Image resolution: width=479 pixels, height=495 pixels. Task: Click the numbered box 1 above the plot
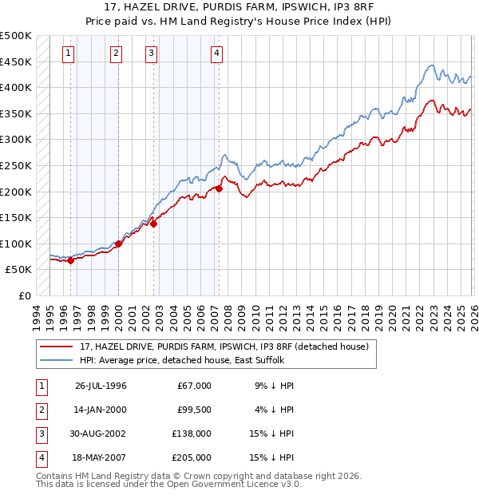tap(69, 53)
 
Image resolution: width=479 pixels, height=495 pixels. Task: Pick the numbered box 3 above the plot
tap(151, 53)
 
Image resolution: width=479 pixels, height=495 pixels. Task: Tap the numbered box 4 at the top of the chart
tap(216, 53)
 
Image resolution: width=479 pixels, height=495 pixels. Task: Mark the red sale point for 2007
tap(219, 189)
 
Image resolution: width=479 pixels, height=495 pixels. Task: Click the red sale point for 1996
tap(70, 260)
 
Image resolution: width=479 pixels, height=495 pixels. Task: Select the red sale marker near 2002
tap(154, 224)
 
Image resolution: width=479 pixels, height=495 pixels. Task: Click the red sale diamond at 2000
tap(118, 244)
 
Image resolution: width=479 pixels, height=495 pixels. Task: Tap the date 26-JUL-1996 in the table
tap(101, 386)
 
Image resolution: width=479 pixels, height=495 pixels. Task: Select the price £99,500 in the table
tap(193, 410)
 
